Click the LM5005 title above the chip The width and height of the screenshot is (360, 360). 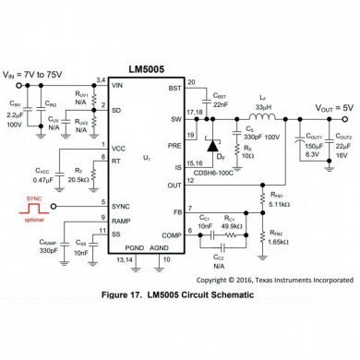pyautogui.click(x=146, y=70)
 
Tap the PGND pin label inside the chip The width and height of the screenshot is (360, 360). pyautogui.click(x=135, y=250)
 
